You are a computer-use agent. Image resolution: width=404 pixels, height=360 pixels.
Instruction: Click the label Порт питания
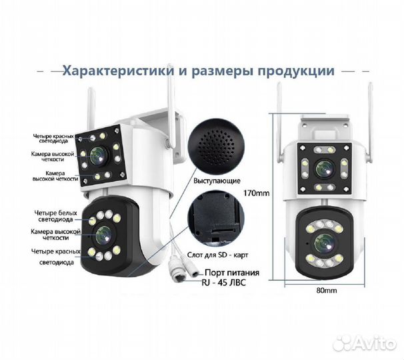[230, 271]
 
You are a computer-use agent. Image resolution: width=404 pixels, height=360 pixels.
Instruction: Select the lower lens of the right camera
[324, 242]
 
